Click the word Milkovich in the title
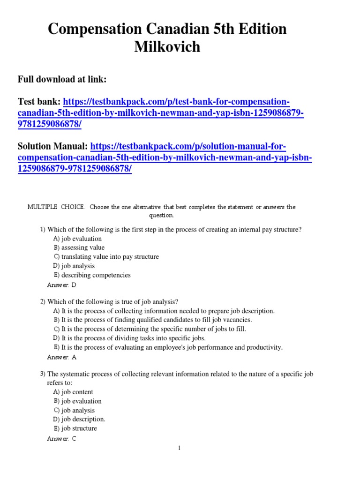167,47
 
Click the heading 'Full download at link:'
62,80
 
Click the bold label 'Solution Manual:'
53,147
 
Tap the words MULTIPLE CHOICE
56,207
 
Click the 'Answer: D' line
61,285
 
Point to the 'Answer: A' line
61,357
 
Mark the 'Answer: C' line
61,438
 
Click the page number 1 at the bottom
179,449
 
